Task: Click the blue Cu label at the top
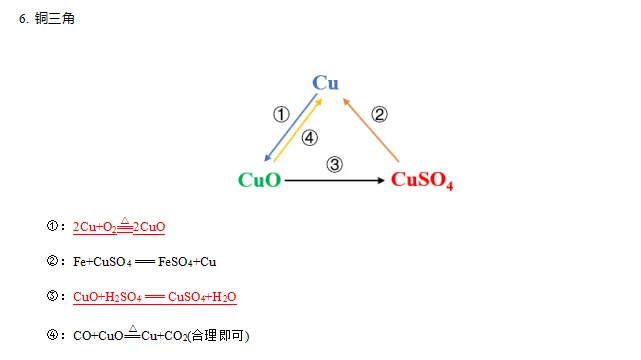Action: tap(325, 82)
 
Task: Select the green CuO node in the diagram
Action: tap(259, 180)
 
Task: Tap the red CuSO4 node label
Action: tap(422, 180)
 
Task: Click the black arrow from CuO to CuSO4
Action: tap(336, 180)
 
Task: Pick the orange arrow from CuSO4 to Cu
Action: tap(370, 130)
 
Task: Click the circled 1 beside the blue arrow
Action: tap(281, 114)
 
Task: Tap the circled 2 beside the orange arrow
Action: tap(379, 114)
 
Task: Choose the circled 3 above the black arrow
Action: tap(335, 164)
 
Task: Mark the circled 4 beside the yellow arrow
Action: tap(310, 138)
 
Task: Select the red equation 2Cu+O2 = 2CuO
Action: tap(119, 227)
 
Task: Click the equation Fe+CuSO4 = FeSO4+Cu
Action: tap(145, 262)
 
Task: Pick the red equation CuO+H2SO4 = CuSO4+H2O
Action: tap(154, 297)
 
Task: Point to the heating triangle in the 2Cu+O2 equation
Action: tap(125, 219)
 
